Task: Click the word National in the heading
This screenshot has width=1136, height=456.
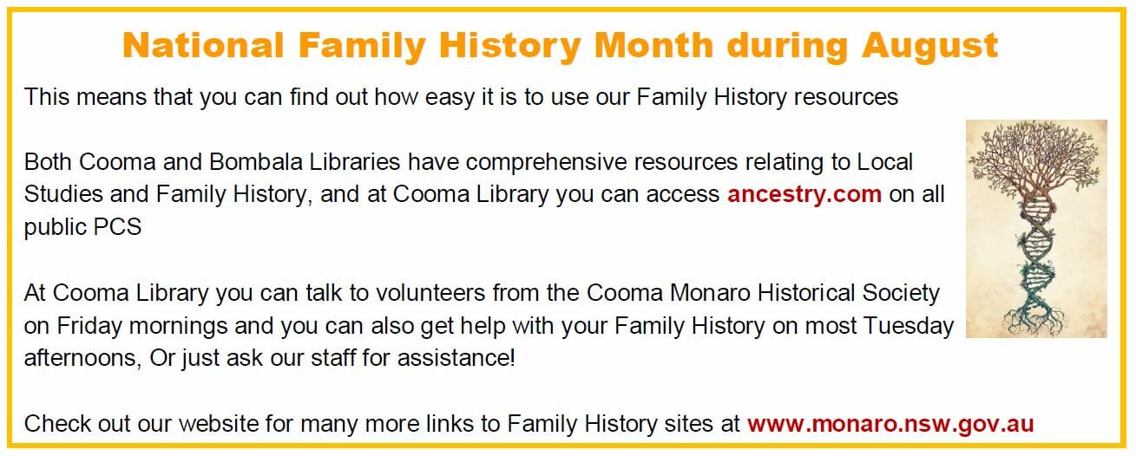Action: point(203,46)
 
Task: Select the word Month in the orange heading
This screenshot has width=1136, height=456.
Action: point(653,46)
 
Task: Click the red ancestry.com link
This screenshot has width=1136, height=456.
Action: point(804,194)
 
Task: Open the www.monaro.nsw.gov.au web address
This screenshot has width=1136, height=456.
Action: point(890,424)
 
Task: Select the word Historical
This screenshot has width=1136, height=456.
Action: point(807,293)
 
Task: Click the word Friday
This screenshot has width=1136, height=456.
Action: point(89,327)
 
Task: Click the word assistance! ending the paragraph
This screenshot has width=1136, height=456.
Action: point(456,358)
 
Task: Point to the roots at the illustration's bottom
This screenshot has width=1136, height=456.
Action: point(1034,319)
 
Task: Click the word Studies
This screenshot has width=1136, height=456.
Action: point(62,194)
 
